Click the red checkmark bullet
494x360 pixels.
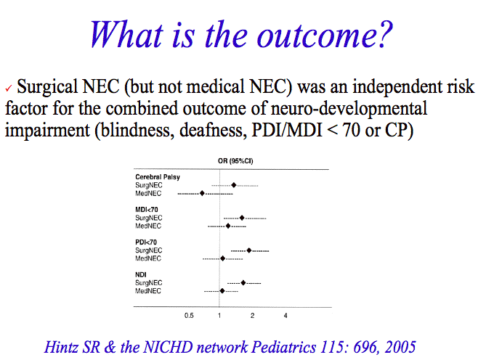(x=9, y=89)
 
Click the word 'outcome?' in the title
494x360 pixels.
(x=325, y=35)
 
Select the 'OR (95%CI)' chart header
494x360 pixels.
(x=235, y=161)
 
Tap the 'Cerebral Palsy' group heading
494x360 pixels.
(x=158, y=177)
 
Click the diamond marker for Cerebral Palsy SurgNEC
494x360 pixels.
(x=234, y=185)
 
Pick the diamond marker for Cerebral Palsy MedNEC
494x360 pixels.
(x=202, y=193)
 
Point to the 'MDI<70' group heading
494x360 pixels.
(x=147, y=210)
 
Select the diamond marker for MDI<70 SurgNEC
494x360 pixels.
(x=242, y=218)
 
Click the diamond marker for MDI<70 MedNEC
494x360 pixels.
(x=228, y=226)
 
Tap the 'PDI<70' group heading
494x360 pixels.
(x=146, y=242)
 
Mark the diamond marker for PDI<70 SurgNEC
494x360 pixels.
(x=249, y=250)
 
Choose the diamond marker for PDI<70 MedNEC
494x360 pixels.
(x=223, y=258)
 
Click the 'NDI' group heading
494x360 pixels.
(x=141, y=275)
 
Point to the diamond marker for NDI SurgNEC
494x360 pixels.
(x=243, y=283)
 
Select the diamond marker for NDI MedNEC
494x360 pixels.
(x=222, y=291)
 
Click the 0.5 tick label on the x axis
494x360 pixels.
(x=189, y=316)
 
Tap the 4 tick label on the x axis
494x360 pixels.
(x=286, y=316)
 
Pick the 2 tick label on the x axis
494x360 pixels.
(x=252, y=316)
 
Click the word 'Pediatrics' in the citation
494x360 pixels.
(x=283, y=347)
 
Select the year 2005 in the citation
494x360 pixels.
(x=400, y=347)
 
